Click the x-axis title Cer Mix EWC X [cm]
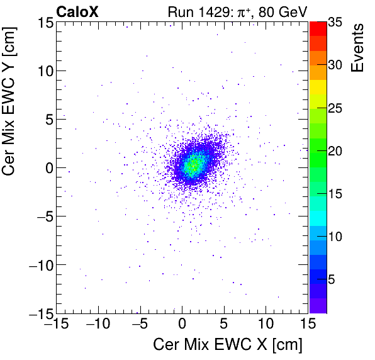click(228, 346)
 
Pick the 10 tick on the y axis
click(42, 70)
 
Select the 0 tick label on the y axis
click(47, 167)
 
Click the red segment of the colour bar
click(318, 28)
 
